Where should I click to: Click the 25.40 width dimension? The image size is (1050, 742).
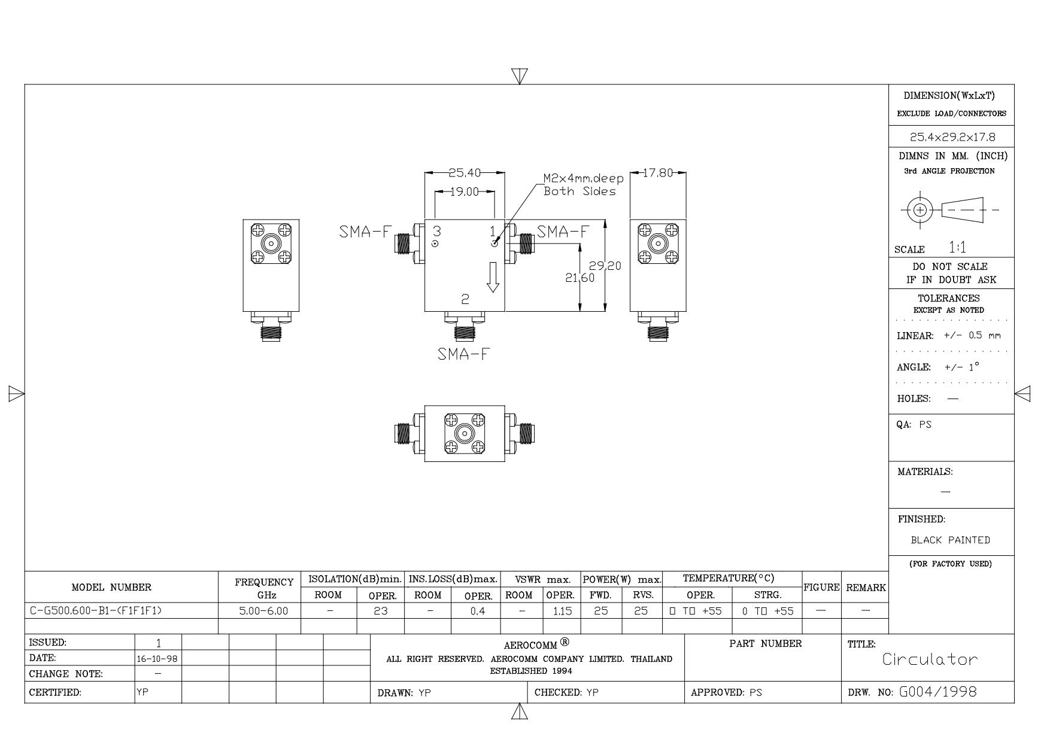(465, 173)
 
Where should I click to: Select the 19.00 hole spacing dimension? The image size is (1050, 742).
(465, 191)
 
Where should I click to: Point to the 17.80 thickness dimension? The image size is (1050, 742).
(658, 173)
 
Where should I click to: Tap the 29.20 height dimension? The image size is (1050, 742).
(605, 266)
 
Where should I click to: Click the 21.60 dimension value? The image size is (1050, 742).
(580, 278)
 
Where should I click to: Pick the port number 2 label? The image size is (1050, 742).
(465, 299)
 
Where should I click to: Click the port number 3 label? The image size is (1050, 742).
(437, 231)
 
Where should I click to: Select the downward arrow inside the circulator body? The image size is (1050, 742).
(493, 277)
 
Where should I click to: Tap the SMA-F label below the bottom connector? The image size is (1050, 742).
(463, 354)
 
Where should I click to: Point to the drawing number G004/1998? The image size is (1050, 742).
(938, 692)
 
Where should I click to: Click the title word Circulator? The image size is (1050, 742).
(930, 659)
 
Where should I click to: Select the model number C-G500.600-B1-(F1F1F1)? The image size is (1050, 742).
(96, 611)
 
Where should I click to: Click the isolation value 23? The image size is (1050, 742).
(381, 611)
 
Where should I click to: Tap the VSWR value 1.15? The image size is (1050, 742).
(562, 611)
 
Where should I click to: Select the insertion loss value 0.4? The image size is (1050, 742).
(477, 611)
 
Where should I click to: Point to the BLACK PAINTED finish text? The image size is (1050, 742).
(951, 540)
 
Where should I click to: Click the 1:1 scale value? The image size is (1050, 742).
(958, 247)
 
